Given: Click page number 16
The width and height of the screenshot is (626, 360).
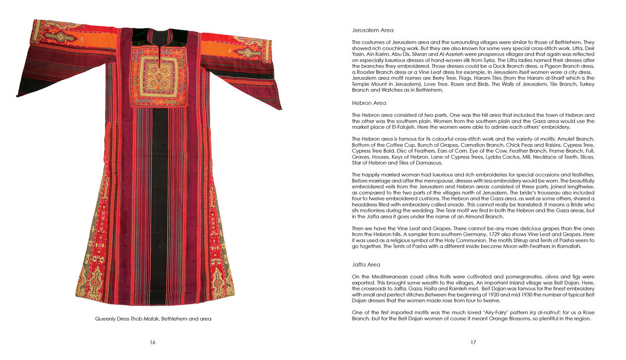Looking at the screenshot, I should click(152, 342).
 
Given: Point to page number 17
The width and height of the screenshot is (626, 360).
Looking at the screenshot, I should click(473, 342).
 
